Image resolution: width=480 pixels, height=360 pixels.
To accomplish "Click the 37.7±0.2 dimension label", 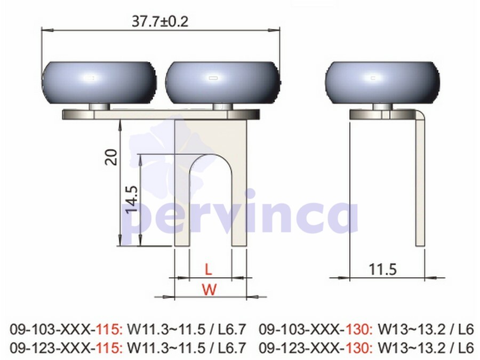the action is pyautogui.click(x=160, y=21).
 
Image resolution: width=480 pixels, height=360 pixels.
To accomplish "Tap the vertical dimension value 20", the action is pyautogui.click(x=111, y=157).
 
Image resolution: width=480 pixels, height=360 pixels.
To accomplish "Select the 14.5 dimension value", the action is pyautogui.click(x=132, y=199).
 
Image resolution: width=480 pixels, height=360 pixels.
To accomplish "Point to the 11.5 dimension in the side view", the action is pyautogui.click(x=382, y=269).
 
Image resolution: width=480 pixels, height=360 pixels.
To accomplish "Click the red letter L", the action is pyautogui.click(x=208, y=269).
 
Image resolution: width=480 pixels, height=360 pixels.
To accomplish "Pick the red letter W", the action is pyautogui.click(x=210, y=289).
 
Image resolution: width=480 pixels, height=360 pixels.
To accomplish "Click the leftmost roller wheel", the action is pyautogui.click(x=99, y=83).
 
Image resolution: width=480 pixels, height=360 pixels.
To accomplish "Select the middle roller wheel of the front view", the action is pyautogui.click(x=223, y=83).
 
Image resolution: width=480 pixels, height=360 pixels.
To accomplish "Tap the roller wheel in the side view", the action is pyautogui.click(x=382, y=83).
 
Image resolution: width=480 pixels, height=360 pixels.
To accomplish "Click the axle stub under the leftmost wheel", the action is pyautogui.click(x=100, y=107).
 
